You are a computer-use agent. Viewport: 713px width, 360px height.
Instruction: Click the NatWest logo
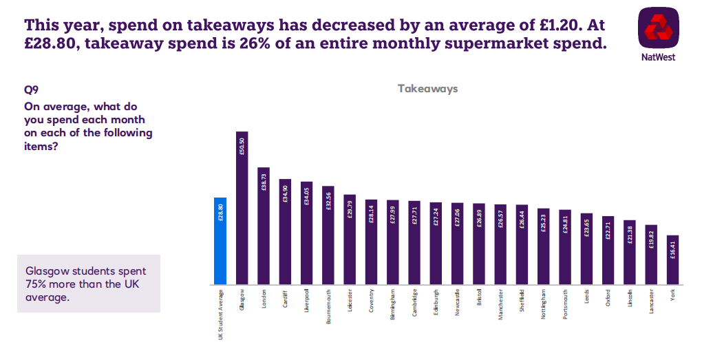point(657,28)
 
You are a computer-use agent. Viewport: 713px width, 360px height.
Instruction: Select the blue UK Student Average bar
point(220,241)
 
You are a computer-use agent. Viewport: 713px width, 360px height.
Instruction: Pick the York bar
point(672,260)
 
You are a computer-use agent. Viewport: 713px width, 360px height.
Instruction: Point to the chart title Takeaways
point(427,89)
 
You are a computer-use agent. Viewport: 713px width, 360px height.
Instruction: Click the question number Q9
point(31,89)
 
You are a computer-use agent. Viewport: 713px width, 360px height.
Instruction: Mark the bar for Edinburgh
point(436,244)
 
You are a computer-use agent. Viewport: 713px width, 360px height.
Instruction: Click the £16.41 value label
point(672,248)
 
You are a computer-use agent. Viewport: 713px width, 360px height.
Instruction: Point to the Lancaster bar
point(651,255)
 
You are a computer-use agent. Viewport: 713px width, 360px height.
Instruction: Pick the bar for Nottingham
point(544,246)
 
